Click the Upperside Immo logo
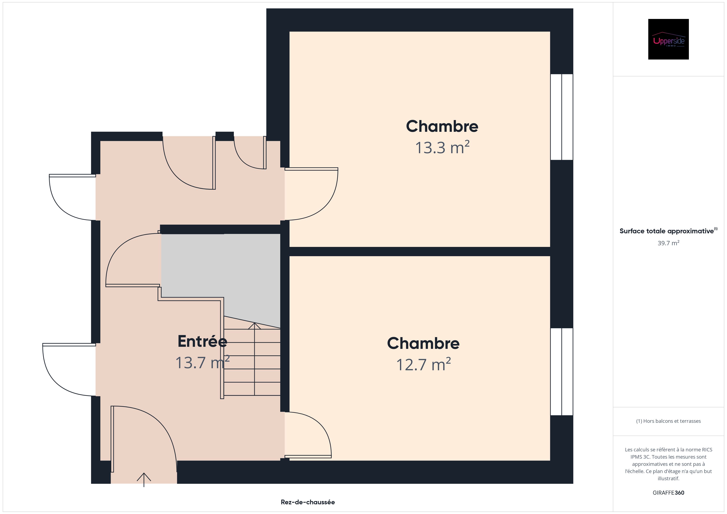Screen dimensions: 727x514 [x=668, y=39]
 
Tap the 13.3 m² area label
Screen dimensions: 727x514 [x=442, y=147]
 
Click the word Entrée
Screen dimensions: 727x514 [x=202, y=341]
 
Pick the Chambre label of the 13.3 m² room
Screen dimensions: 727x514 [x=442, y=126]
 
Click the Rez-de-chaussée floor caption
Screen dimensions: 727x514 [x=308, y=502]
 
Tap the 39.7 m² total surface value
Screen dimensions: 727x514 [x=668, y=243]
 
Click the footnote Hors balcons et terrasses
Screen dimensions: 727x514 [x=668, y=421]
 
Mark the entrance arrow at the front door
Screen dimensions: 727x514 [x=144, y=479]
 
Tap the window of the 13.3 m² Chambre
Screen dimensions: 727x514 [x=562, y=117]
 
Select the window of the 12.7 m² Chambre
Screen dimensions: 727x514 [x=562, y=371]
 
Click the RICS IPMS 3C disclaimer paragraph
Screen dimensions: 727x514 [x=668, y=464]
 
